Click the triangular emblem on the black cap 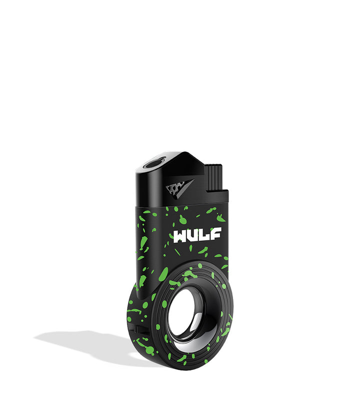click(179, 188)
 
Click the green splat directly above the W click(182, 219)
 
